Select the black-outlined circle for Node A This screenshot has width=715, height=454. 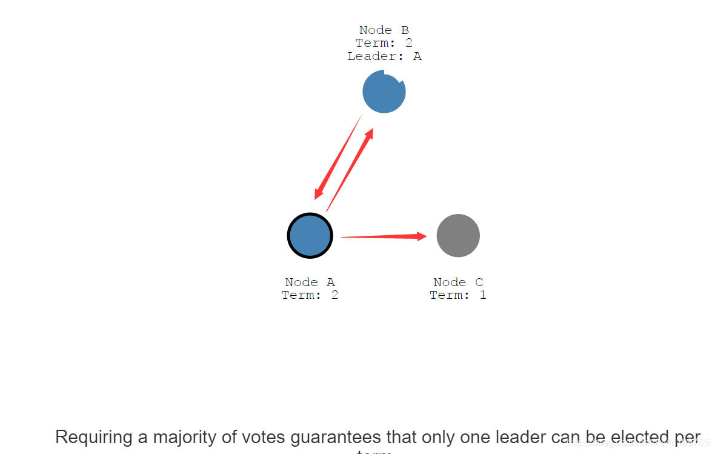pyautogui.click(x=310, y=236)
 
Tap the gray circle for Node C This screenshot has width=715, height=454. pyautogui.click(x=458, y=236)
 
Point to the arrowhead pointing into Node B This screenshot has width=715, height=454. pyautogui.click(x=369, y=134)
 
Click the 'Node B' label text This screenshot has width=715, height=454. pyautogui.click(x=384, y=30)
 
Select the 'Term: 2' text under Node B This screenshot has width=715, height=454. pyautogui.click(x=384, y=43)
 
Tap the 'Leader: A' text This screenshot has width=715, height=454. pyautogui.click(x=384, y=56)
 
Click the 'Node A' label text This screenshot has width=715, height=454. pyautogui.click(x=310, y=282)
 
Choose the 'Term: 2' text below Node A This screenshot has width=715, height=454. pyautogui.click(x=310, y=295)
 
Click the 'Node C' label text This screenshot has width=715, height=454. pyautogui.click(x=458, y=282)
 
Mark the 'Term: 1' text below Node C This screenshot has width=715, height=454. pyautogui.click(x=458, y=295)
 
